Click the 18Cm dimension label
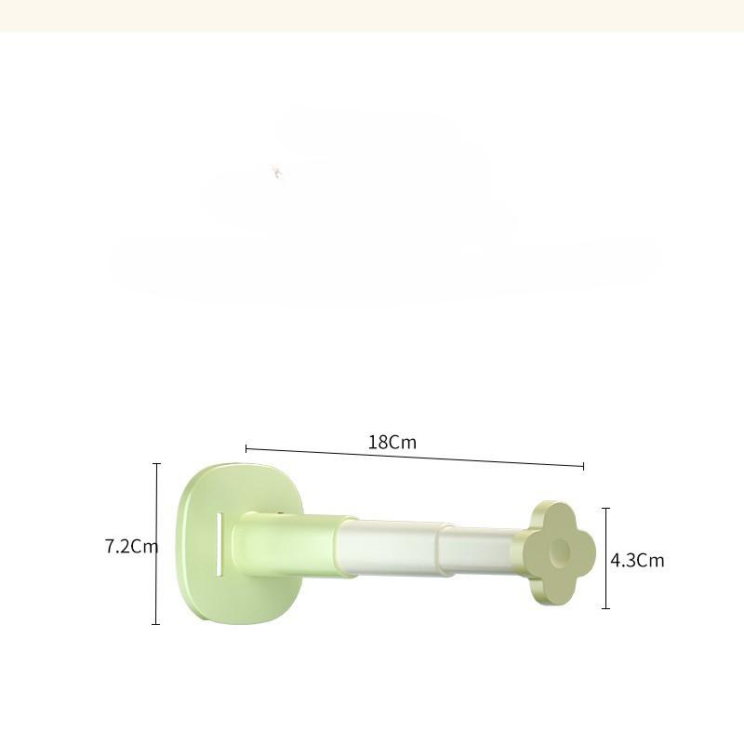(x=392, y=443)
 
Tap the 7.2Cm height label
(x=131, y=546)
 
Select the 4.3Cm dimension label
(x=637, y=561)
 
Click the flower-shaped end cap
(x=559, y=553)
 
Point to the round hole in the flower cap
(x=560, y=551)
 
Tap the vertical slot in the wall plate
(x=219, y=545)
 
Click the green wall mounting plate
(x=237, y=544)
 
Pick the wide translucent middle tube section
(x=389, y=548)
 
